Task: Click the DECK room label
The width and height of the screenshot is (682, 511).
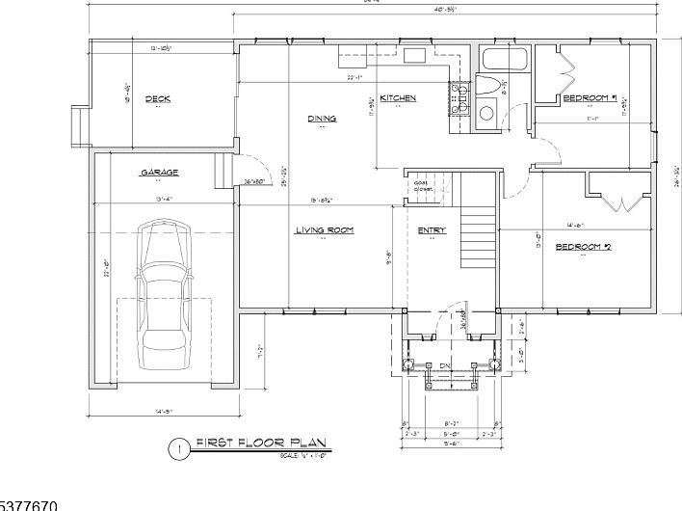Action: [157, 98]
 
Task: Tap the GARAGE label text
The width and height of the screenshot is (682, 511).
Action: [159, 173]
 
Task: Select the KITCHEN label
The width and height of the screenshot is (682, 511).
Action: [397, 98]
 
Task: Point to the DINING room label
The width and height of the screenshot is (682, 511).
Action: [322, 119]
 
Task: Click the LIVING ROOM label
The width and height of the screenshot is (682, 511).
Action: [324, 230]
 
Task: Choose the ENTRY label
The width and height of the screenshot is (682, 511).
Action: [431, 230]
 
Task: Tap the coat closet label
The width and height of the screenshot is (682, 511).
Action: [422, 186]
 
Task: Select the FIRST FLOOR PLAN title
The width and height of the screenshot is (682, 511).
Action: [261, 444]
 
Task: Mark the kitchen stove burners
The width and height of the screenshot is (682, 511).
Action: [459, 99]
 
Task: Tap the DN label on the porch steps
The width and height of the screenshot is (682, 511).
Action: [446, 364]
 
